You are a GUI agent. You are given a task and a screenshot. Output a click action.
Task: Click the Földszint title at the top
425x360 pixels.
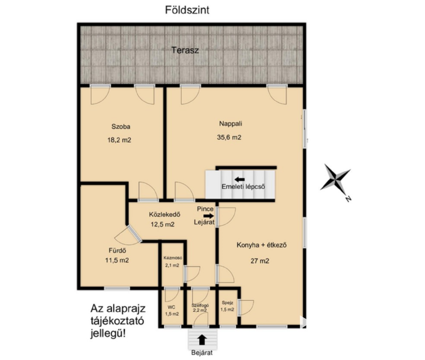[x=187, y=10]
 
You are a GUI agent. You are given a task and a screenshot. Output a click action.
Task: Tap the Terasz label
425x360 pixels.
[x=185, y=50]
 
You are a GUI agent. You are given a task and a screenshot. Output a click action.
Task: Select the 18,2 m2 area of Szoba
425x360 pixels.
[x=119, y=140]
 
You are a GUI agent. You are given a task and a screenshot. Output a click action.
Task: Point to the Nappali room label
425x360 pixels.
[x=231, y=124]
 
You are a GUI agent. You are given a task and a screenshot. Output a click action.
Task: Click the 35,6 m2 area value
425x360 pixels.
[x=229, y=137]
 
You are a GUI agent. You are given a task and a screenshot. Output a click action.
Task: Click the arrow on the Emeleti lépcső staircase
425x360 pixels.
[x=240, y=179]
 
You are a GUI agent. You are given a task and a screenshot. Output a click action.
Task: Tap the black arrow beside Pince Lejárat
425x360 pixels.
[x=209, y=216]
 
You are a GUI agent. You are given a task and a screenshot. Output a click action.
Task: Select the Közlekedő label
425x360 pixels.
[x=165, y=215]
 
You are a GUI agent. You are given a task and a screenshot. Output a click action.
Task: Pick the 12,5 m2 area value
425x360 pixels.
[x=162, y=224]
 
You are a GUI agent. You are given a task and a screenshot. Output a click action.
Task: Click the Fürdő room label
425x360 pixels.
[x=117, y=251]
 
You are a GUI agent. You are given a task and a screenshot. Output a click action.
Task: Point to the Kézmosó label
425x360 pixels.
[x=173, y=258]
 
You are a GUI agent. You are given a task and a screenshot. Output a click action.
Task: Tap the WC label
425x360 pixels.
[x=171, y=307]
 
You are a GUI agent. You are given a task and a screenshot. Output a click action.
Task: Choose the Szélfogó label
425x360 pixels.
[x=200, y=305]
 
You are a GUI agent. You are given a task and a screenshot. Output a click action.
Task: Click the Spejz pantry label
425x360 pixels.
[x=228, y=303]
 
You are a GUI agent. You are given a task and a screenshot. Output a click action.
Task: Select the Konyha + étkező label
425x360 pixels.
[x=261, y=245]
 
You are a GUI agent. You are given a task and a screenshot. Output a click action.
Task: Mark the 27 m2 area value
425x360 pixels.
[x=260, y=261]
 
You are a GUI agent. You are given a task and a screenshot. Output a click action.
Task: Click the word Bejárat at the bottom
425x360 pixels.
[x=202, y=353]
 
